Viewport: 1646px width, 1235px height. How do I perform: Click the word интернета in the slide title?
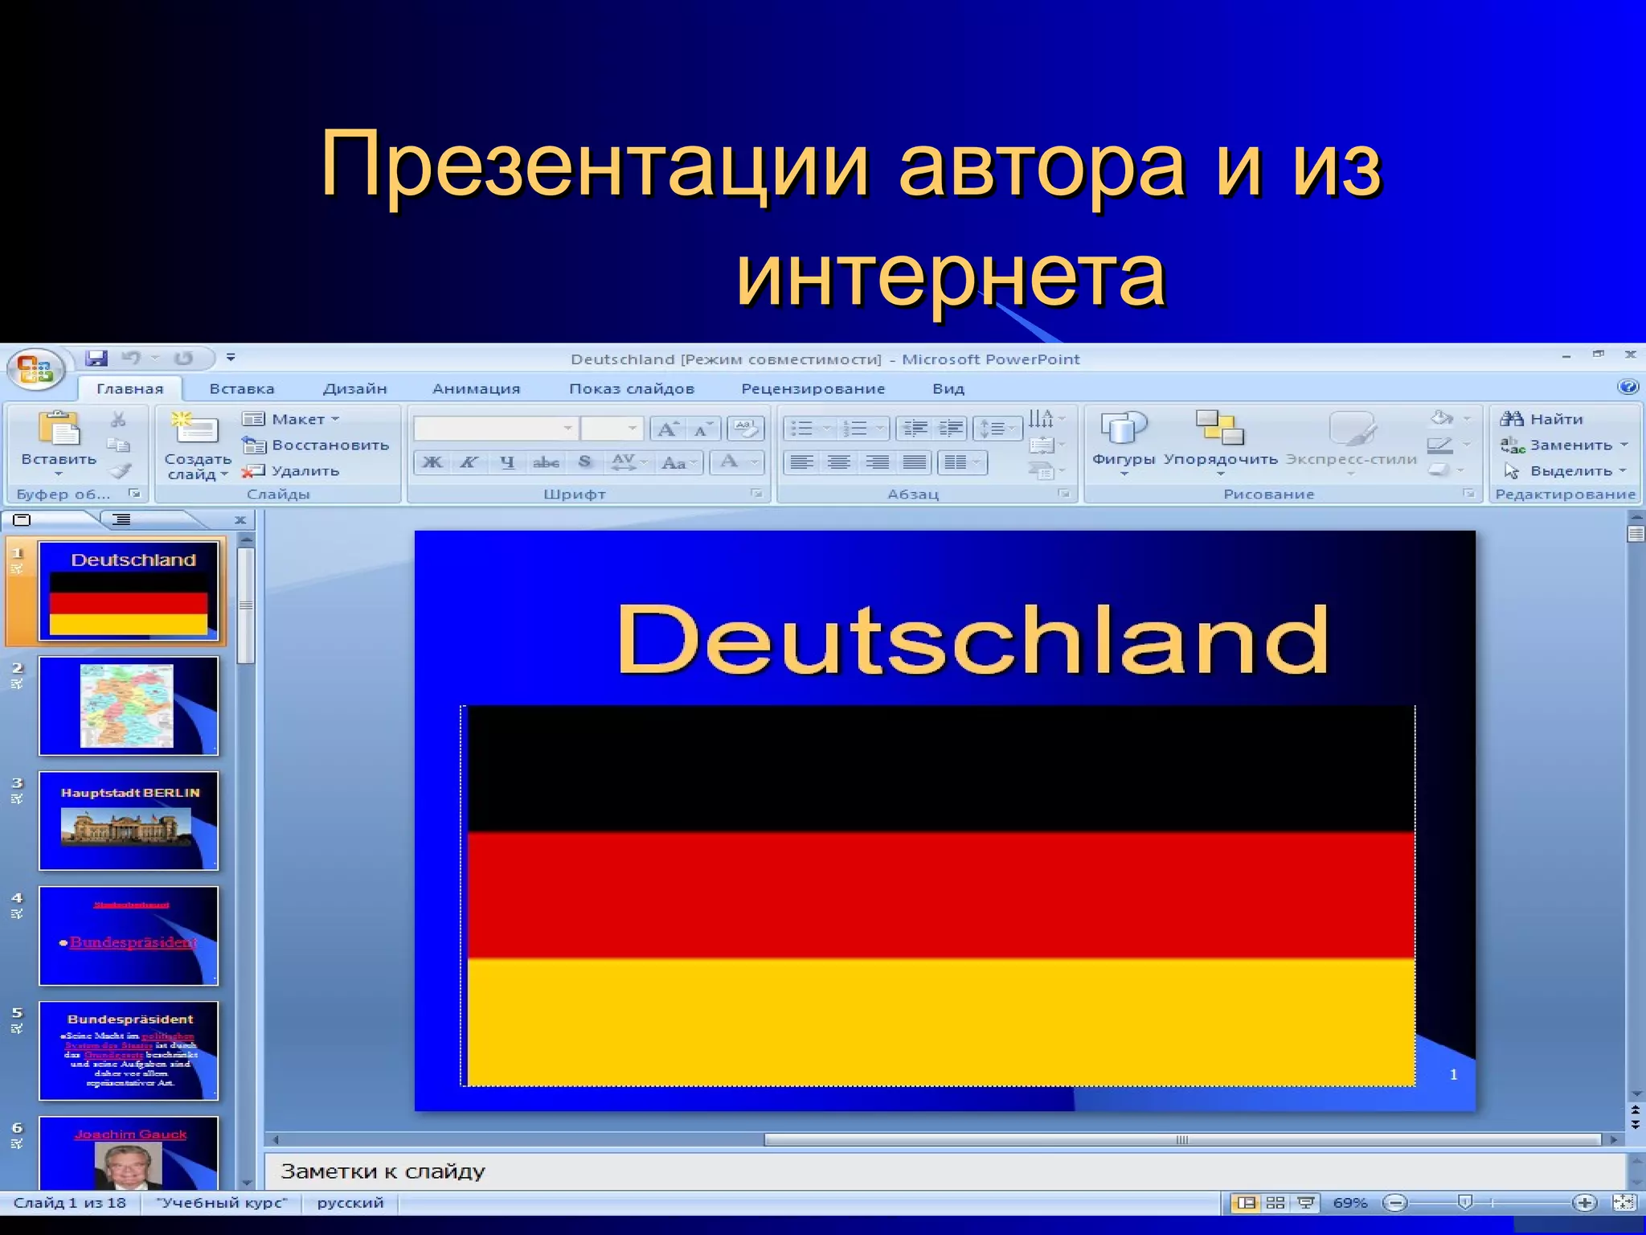(x=950, y=275)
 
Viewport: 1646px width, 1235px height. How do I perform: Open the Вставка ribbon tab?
(x=242, y=389)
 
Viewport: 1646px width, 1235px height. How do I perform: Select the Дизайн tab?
(x=354, y=389)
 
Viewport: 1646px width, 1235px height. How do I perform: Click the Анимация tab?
(x=476, y=389)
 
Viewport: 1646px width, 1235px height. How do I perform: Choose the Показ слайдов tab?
(x=631, y=389)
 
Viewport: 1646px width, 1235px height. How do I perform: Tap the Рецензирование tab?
(x=813, y=389)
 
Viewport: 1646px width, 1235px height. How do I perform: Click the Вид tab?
(x=948, y=389)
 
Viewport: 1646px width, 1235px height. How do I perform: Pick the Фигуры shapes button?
(x=1123, y=438)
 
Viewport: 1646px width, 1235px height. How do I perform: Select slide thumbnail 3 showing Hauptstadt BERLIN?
(x=129, y=821)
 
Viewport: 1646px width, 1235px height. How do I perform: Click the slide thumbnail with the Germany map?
(x=129, y=706)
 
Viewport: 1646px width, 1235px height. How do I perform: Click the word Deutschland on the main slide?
(x=972, y=640)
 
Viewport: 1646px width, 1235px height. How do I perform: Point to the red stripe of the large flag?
(x=940, y=894)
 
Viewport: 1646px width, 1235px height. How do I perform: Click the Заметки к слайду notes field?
(x=940, y=1171)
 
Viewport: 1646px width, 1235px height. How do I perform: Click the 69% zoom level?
(x=1349, y=1203)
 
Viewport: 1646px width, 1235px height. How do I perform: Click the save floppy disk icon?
(x=97, y=358)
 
